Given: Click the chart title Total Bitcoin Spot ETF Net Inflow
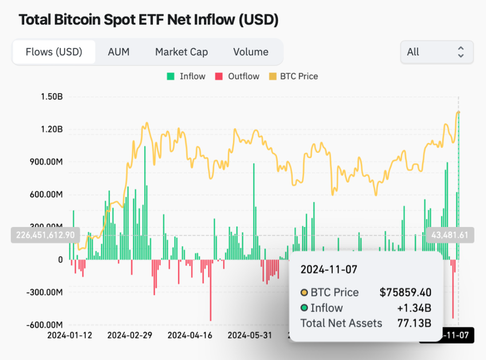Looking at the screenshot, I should click(148, 21).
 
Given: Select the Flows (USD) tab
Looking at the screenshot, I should click(54, 52).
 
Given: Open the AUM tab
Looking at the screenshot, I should click(118, 52).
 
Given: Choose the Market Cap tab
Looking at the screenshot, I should click(181, 52).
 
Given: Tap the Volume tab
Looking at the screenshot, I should click(251, 52).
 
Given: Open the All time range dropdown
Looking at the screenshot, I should click(436, 52).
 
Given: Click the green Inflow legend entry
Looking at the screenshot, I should click(186, 76).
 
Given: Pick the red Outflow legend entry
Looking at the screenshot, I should click(238, 76).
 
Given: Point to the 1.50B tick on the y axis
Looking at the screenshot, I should click(52, 97).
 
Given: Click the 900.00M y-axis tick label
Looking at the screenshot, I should click(45, 162).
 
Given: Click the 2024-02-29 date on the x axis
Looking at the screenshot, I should click(130, 335).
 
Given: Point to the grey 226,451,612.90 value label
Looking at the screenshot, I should click(45, 235).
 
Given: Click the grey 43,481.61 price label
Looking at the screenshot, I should click(450, 235).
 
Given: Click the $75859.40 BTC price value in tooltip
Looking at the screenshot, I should click(406, 292).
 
